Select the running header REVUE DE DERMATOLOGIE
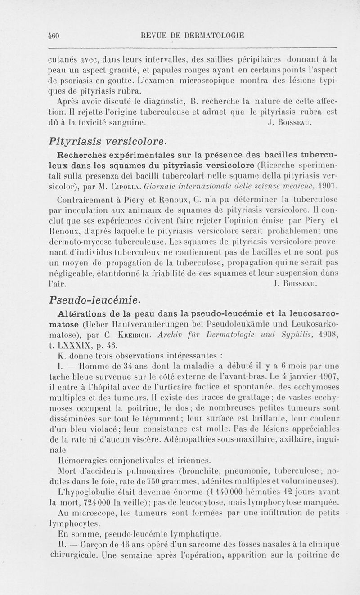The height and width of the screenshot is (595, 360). (192, 35)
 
